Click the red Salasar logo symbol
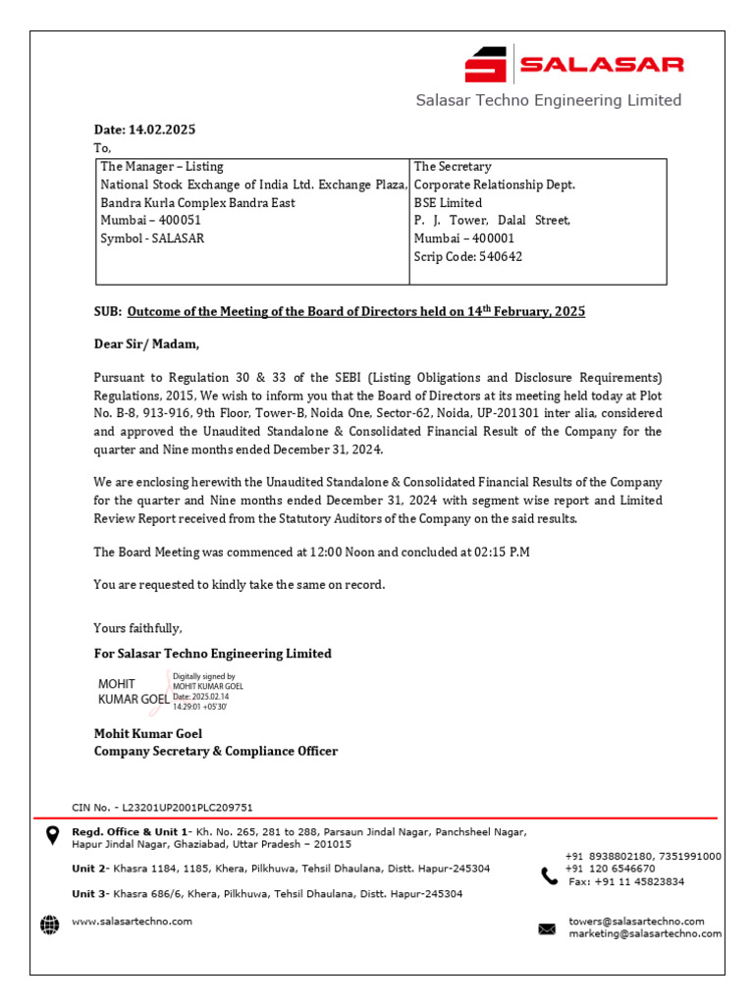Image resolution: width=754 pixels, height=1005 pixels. point(486,65)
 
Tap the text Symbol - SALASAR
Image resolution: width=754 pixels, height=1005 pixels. point(152,238)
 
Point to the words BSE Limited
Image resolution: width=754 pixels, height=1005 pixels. point(448,202)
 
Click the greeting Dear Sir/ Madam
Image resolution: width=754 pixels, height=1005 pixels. point(146,344)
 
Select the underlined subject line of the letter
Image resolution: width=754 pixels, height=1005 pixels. point(356,311)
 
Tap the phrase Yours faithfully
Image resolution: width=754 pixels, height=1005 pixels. point(137,628)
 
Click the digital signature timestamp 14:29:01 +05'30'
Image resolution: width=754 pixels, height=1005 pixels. point(200,706)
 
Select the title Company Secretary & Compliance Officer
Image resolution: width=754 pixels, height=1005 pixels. point(215,751)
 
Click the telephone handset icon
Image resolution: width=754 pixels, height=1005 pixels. point(549,875)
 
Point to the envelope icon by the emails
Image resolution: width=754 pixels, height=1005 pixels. point(547,928)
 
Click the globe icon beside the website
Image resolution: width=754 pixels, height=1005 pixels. point(49,924)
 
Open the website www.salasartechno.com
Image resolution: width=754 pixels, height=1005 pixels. point(132,922)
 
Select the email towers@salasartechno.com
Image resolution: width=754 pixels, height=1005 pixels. point(636,921)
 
